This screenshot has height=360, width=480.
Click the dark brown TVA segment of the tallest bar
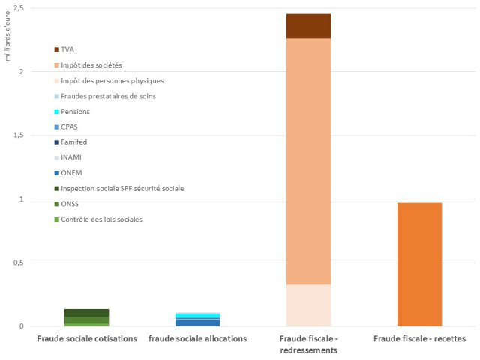point(308,26)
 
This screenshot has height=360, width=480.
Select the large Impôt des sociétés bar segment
point(308,161)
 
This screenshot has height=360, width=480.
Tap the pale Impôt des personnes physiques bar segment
point(308,304)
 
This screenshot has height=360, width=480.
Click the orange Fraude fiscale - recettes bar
point(419,264)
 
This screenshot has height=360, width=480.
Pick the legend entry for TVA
point(67,49)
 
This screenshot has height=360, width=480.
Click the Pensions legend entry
point(75,112)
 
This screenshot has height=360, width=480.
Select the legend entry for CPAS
point(70,127)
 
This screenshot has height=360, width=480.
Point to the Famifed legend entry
point(73,142)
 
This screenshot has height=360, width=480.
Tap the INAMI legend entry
point(71,157)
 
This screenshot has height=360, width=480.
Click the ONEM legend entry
point(71,172)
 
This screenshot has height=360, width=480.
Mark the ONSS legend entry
point(70,203)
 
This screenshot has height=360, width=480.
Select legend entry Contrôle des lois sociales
point(101,219)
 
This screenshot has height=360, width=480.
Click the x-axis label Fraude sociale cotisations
point(87,339)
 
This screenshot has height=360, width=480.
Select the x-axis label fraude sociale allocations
point(197,339)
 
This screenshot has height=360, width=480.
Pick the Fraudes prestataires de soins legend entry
point(108,96)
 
